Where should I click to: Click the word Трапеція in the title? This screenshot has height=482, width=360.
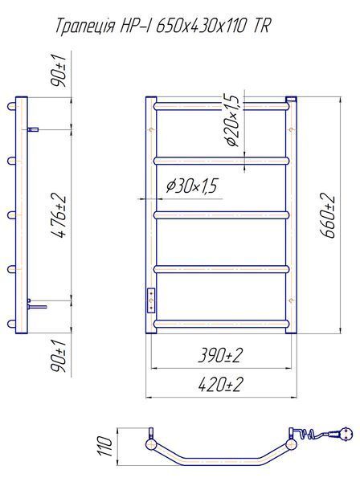click(x=85, y=27)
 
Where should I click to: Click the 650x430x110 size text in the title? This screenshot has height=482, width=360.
click(x=201, y=26)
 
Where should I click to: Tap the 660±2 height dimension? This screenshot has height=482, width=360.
click(x=327, y=215)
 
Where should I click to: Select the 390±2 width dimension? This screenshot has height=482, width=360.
click(x=220, y=356)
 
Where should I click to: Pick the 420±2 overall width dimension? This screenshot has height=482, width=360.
click(x=220, y=385)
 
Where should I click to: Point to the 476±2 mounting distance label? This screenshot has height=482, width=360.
click(x=59, y=216)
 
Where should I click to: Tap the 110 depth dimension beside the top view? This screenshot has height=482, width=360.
click(x=105, y=446)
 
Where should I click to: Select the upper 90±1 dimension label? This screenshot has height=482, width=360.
click(x=59, y=71)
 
